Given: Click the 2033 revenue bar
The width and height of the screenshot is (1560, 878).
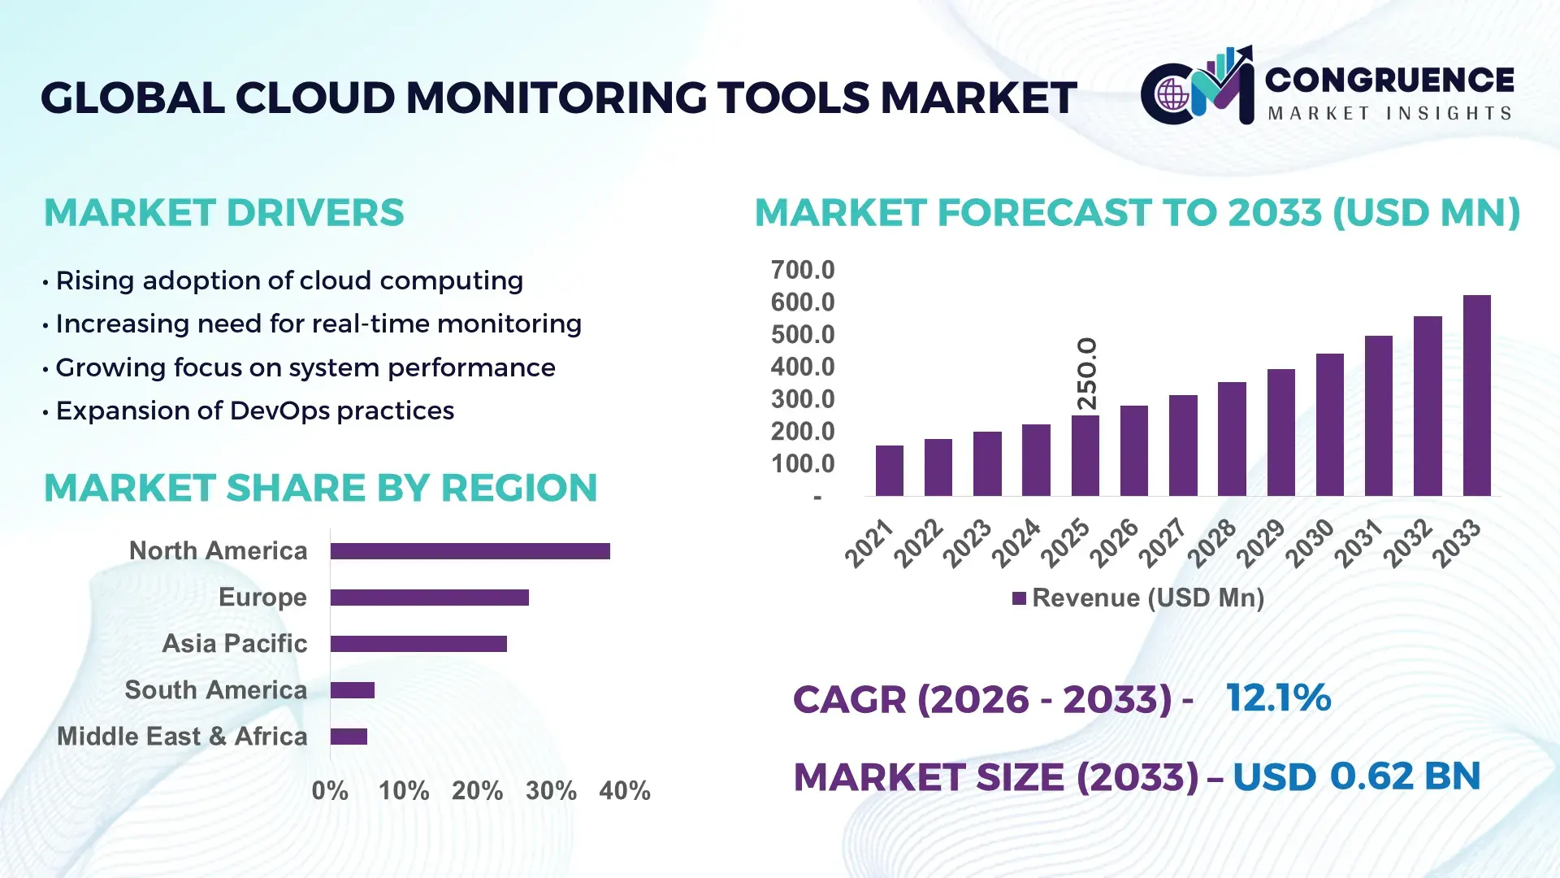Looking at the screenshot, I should click(x=1476, y=396).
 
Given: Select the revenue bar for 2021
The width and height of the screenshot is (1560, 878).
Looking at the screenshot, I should click(x=889, y=471).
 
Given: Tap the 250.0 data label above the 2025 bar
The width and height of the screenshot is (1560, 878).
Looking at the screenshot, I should click(x=1086, y=374).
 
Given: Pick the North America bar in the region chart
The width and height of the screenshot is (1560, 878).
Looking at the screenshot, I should click(x=470, y=551).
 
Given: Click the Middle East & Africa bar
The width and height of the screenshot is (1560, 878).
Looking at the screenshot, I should click(x=349, y=737).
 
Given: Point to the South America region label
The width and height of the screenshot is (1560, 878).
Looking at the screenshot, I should click(x=216, y=690).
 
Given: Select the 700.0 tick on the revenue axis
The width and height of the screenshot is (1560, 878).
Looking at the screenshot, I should click(x=803, y=270).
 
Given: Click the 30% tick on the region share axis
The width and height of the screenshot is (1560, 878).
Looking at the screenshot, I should click(x=551, y=790).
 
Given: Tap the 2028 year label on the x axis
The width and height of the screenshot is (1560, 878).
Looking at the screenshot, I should click(x=1212, y=543).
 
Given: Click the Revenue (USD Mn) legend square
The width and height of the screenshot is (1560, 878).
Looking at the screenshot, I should click(x=1019, y=598).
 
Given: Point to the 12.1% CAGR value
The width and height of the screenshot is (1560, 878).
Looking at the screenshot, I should click(x=1278, y=698).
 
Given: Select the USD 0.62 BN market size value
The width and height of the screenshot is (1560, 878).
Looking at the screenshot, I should click(x=1356, y=776).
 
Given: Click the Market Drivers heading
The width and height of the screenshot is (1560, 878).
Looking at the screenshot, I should click(x=224, y=213).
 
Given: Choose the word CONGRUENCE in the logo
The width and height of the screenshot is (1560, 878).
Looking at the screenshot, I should click(x=1389, y=80).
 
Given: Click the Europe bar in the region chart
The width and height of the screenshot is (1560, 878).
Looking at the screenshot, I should click(x=429, y=598).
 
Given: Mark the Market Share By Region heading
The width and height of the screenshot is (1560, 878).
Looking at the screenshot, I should click(x=320, y=488).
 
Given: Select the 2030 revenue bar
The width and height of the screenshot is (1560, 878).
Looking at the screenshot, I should click(x=1329, y=425).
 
